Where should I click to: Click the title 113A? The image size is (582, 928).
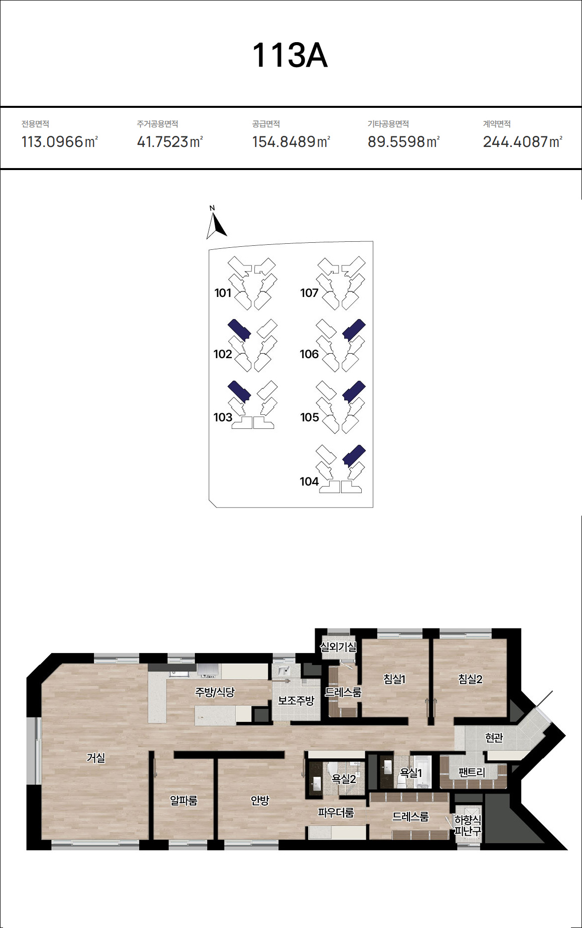tap(290, 55)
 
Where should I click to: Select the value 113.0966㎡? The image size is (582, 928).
tap(60, 142)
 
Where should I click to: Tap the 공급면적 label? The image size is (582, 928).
tap(266, 124)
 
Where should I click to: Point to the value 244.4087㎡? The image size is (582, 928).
tap(523, 142)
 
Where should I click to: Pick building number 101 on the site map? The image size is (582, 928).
tap(223, 293)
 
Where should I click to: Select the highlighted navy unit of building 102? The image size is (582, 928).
tap(239, 330)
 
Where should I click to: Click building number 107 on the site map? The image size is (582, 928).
tap(309, 293)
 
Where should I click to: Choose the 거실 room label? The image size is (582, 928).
tap(96, 757)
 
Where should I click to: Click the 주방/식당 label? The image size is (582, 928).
tap(215, 692)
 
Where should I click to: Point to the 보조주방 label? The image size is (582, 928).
tap(296, 701)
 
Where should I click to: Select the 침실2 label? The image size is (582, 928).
tap(470, 679)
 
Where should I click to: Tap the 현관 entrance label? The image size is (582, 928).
tap(494, 737)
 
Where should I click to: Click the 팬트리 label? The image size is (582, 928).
tap(472, 772)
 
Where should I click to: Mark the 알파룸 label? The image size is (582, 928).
tap(184, 801)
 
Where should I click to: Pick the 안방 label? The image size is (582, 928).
tap(260, 801)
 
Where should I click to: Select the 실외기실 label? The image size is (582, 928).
tap(339, 647)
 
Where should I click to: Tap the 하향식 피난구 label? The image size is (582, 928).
tap(468, 825)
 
